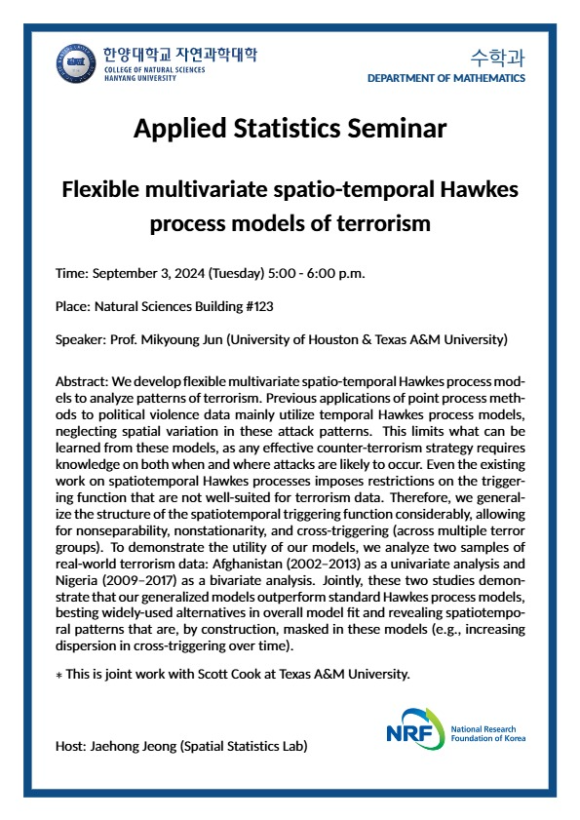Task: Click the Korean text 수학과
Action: tap(496, 56)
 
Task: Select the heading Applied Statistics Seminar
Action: tap(290, 128)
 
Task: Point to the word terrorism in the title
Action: tap(374, 223)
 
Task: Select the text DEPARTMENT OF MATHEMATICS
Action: tap(446, 78)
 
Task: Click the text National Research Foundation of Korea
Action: tap(483, 734)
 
